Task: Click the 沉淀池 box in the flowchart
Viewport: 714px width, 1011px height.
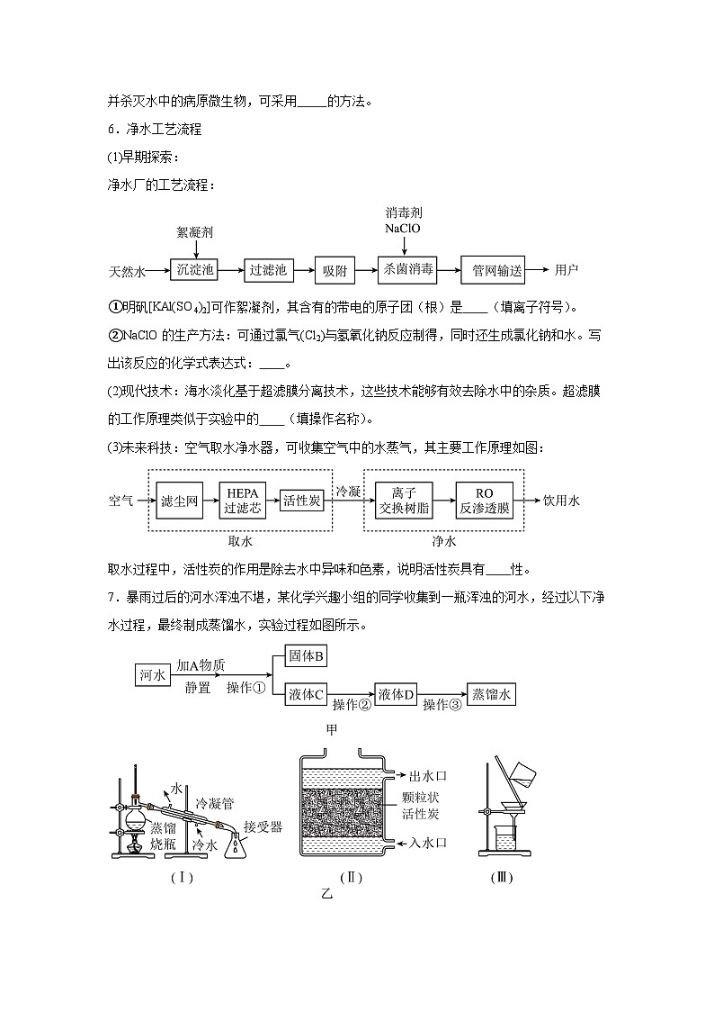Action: tap(196, 269)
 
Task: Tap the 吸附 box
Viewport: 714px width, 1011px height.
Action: tap(335, 269)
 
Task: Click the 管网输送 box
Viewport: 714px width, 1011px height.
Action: tap(492, 269)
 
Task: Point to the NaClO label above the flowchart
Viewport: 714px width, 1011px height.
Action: tap(403, 229)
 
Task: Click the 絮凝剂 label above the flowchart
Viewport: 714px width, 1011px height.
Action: tap(195, 232)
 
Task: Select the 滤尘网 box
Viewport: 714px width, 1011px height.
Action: tap(178, 501)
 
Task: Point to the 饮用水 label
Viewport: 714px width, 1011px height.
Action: tap(561, 501)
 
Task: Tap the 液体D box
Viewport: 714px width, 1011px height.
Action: tap(396, 694)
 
